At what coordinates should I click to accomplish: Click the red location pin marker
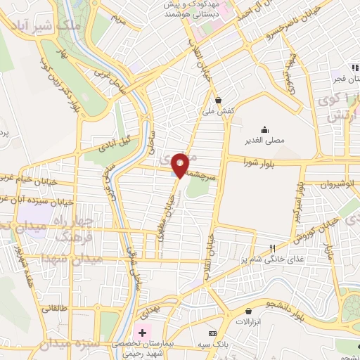click(x=181, y=165)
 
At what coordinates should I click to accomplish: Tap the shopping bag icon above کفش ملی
click(x=219, y=100)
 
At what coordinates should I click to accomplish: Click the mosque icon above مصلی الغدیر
click(x=264, y=129)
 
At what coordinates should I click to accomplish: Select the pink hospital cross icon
click(x=142, y=332)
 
